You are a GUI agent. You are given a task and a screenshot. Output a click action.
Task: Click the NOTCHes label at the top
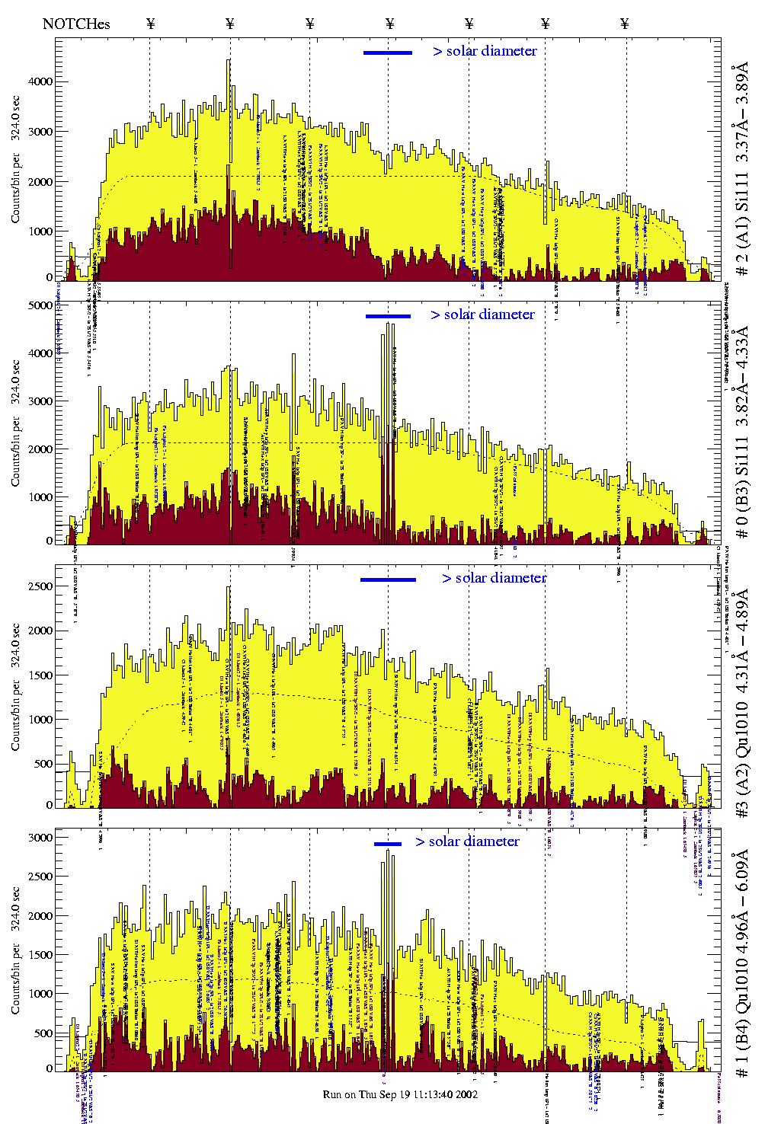tap(76, 24)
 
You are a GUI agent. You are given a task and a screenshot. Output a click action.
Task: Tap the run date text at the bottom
tap(400, 1094)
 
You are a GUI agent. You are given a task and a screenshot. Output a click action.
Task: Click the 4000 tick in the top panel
tap(40, 81)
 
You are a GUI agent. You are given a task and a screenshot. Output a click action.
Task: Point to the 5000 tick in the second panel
tap(40, 305)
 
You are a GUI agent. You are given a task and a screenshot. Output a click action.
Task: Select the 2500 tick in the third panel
tap(40, 586)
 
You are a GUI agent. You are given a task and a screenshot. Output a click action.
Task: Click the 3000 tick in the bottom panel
tap(40, 838)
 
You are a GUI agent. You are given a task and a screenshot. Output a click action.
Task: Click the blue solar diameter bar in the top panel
tap(388, 53)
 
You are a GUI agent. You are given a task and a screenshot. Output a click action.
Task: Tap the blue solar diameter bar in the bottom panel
tap(387, 843)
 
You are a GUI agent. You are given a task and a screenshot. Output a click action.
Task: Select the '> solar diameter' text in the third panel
tap(494, 578)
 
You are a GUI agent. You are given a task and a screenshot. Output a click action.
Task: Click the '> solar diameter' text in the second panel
tap(482, 315)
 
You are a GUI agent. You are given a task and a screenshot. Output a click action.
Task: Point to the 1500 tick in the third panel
tap(40, 675)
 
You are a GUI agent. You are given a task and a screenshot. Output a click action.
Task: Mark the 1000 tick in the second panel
tap(40, 497)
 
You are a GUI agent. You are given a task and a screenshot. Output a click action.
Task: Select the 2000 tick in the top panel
tap(40, 182)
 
